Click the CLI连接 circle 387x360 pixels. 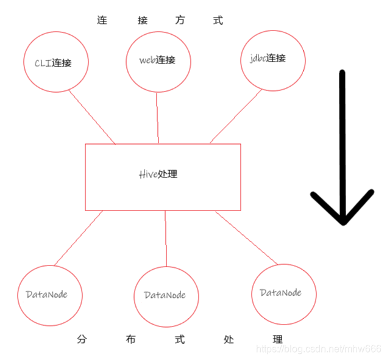pyautogui.click(x=57, y=62)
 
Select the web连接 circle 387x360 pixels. pyautogui.click(x=157, y=60)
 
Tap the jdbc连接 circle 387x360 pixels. pyautogui.click(x=272, y=59)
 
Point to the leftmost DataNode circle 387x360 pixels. pyautogui.click(x=49, y=295)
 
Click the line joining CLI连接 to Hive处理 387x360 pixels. pyautogui.click(x=92, y=118)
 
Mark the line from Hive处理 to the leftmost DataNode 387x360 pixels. pyautogui.click(x=79, y=238)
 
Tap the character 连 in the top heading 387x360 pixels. pyautogui.click(x=102, y=21)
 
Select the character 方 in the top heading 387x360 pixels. pyautogui.click(x=180, y=21)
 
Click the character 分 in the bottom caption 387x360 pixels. pyautogui.click(x=82, y=340)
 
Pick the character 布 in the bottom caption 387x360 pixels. pyautogui.click(x=130, y=340)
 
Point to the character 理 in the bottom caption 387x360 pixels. pyautogui.click(x=278, y=340)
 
